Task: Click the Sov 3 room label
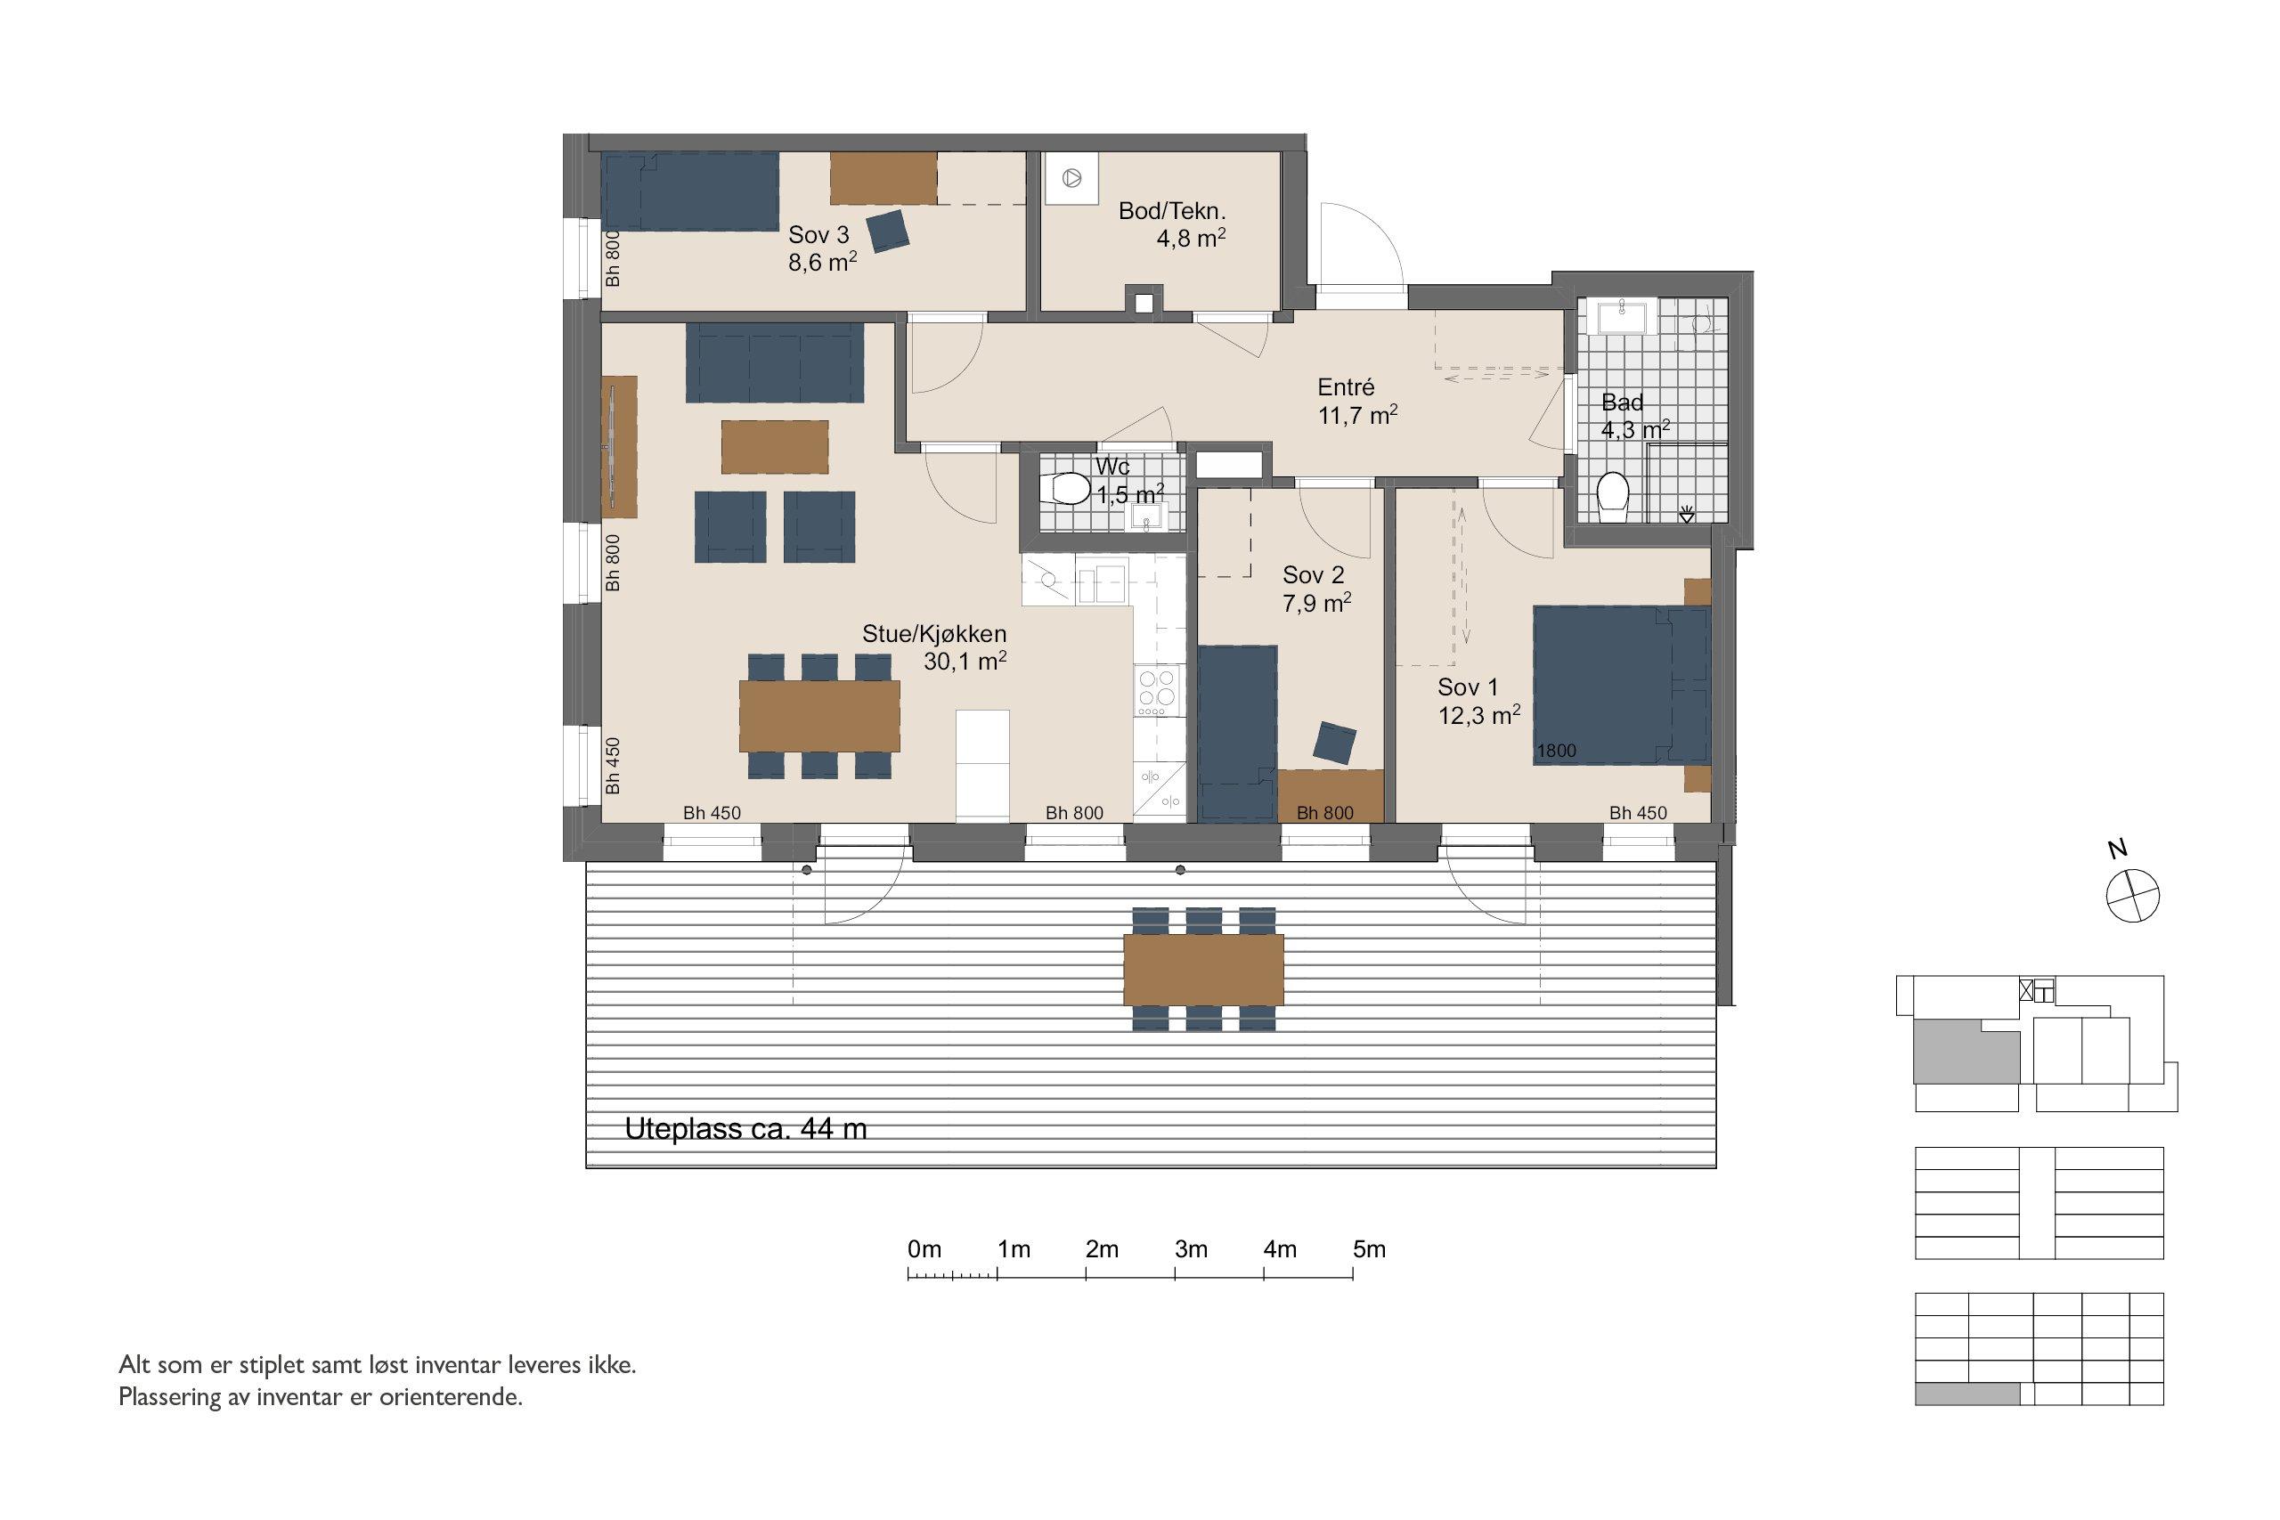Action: [x=819, y=234]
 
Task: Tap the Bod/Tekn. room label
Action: [x=1172, y=210]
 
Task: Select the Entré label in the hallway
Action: [x=1346, y=387]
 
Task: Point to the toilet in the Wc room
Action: [x=1065, y=489]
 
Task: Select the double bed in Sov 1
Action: [x=1621, y=686]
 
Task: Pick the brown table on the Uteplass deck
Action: [x=1203, y=970]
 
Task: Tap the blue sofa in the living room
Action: [x=775, y=362]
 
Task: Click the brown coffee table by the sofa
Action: [x=775, y=447]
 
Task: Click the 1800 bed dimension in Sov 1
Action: [x=1557, y=751]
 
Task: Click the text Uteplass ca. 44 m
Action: [x=745, y=1128]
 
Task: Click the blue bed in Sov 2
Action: [x=1237, y=734]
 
